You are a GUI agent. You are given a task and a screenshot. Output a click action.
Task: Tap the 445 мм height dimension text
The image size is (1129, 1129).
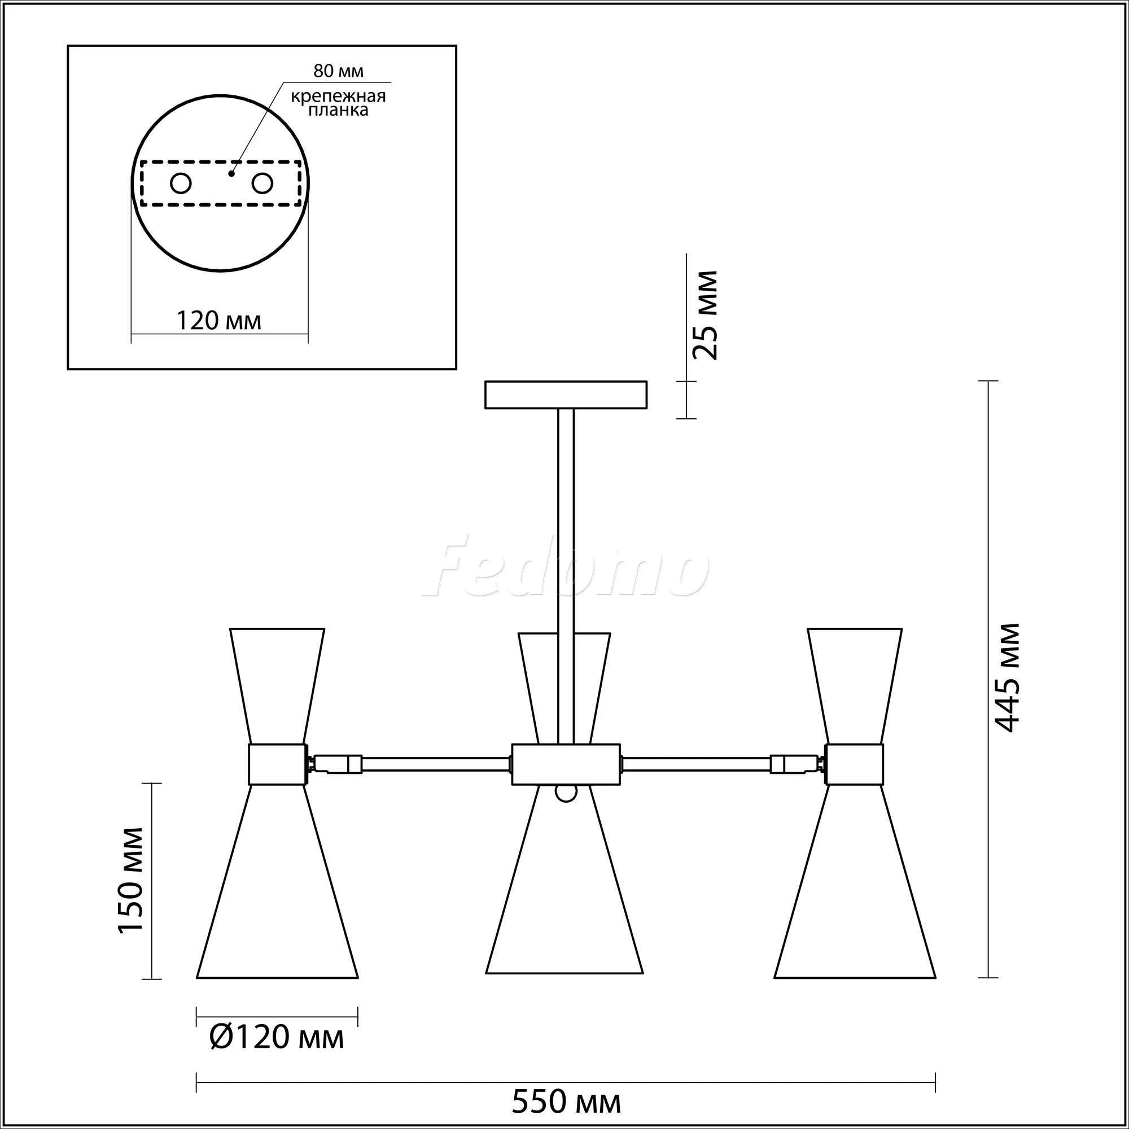[1007, 677]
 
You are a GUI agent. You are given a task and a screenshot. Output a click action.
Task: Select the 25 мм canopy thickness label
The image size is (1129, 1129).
[703, 314]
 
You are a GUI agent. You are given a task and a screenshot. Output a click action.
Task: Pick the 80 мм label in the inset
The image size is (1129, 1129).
[338, 71]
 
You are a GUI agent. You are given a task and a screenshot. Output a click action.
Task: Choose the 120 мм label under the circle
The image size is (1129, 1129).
[218, 320]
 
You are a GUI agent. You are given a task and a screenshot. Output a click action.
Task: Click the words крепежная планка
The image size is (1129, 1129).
[338, 103]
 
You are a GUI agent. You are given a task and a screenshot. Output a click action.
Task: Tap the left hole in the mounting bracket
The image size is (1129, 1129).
[181, 183]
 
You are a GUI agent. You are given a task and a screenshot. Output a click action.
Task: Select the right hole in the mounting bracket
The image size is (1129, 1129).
[262, 183]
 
